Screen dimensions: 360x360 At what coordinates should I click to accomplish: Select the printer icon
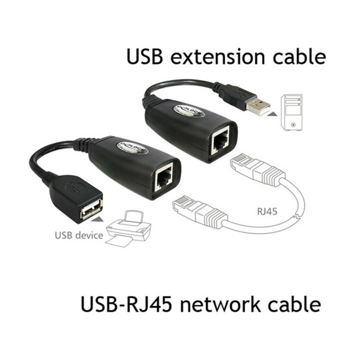[128, 227]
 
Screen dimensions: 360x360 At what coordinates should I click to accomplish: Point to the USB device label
[79, 235]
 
